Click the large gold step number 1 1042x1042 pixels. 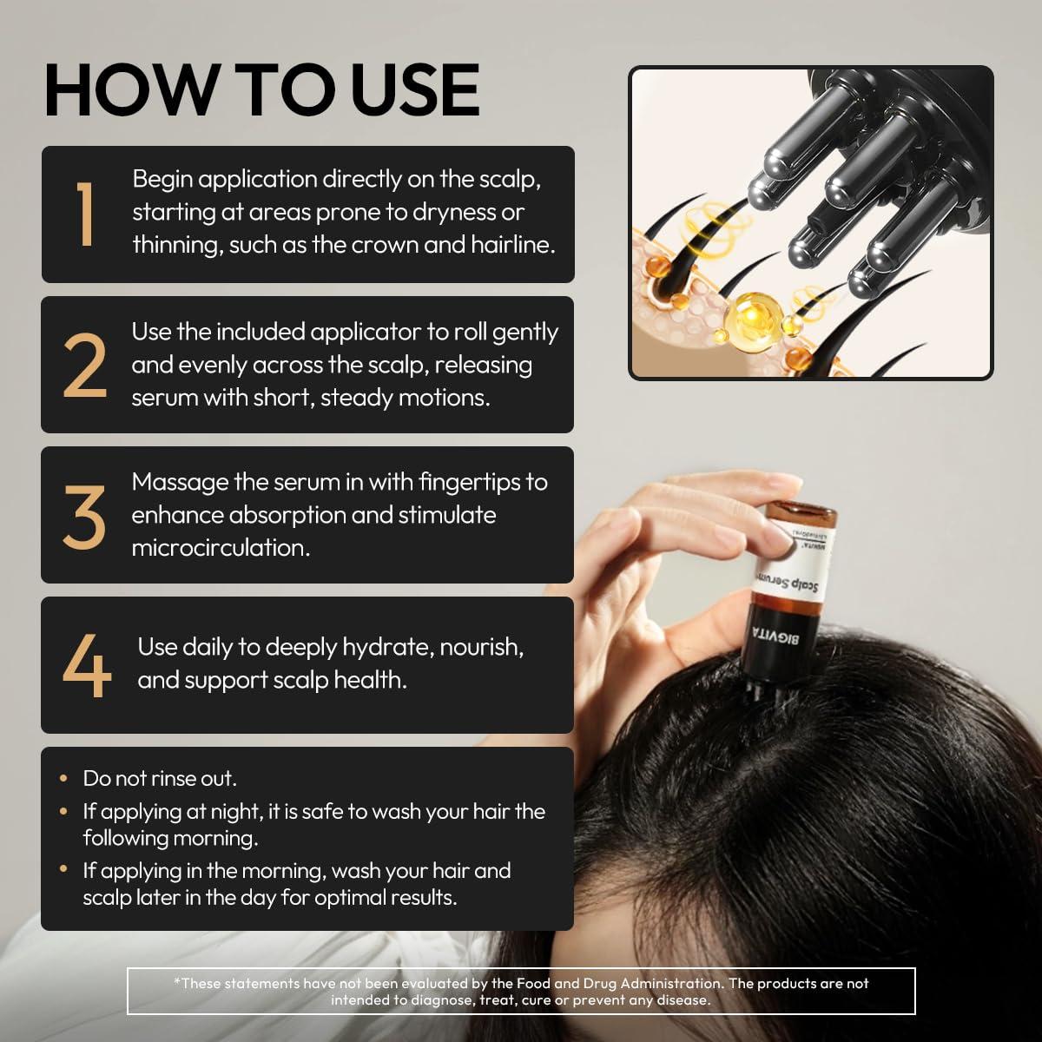(x=85, y=214)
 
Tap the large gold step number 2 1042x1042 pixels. (x=85, y=365)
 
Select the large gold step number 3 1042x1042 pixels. (x=85, y=515)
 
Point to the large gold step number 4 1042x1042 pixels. (x=87, y=665)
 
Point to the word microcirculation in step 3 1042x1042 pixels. (x=220, y=548)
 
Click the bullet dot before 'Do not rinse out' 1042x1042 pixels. (x=64, y=779)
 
